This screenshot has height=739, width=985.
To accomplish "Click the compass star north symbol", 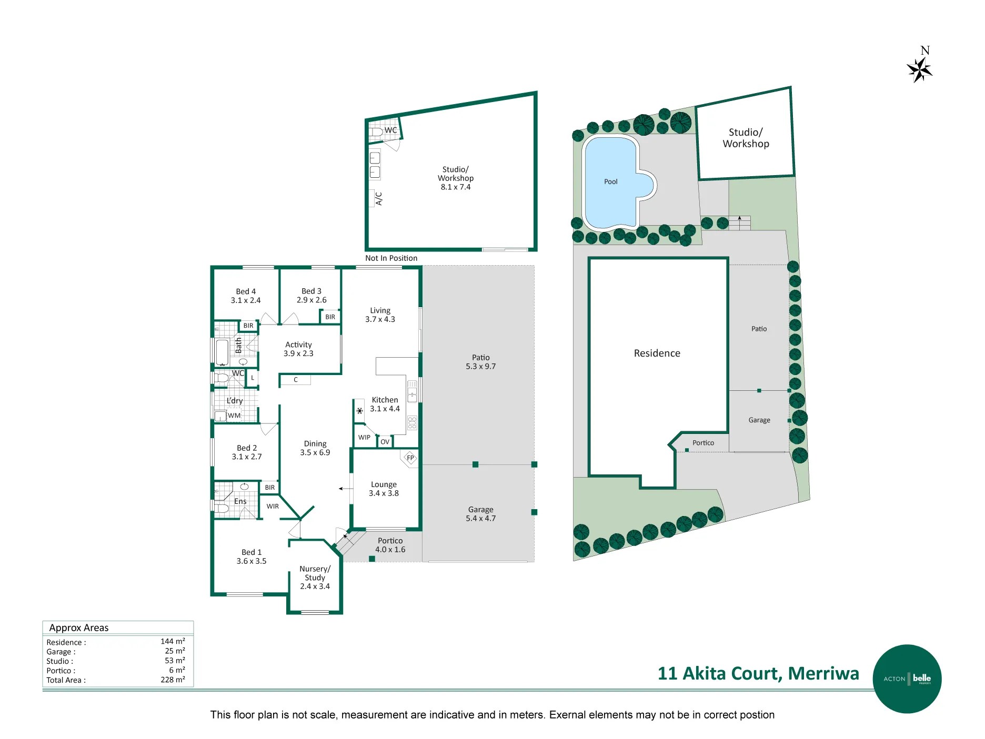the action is [x=919, y=69].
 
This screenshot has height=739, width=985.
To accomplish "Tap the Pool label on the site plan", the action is [x=610, y=181].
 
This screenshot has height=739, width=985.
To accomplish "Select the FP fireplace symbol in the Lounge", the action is [x=410, y=458].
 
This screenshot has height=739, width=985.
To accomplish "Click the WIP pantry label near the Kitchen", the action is [x=364, y=437].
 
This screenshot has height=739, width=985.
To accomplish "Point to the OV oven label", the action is [x=385, y=442].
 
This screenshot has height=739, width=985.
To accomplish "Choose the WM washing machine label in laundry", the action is [x=234, y=416].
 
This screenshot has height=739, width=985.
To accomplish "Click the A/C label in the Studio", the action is [x=379, y=198].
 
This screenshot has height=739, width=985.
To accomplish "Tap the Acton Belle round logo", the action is [x=907, y=679].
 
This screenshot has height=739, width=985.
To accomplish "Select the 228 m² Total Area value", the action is [x=173, y=680].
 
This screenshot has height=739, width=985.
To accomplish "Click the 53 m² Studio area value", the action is [x=175, y=661].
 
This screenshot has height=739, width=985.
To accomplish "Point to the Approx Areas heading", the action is [x=79, y=627].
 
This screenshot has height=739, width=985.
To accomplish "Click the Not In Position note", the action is [x=391, y=258].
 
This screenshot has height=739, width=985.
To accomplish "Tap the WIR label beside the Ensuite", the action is [x=273, y=506].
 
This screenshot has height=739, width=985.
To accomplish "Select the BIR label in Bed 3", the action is [x=330, y=317].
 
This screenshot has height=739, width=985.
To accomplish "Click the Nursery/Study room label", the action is [x=315, y=578].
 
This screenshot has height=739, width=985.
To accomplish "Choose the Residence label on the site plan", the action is [x=657, y=353].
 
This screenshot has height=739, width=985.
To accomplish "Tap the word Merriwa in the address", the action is [x=823, y=673].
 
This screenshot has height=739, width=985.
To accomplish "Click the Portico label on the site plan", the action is [x=703, y=443].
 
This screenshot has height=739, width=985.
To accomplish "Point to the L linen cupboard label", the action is [x=253, y=378].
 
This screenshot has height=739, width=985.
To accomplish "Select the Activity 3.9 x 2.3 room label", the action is [x=298, y=349].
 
